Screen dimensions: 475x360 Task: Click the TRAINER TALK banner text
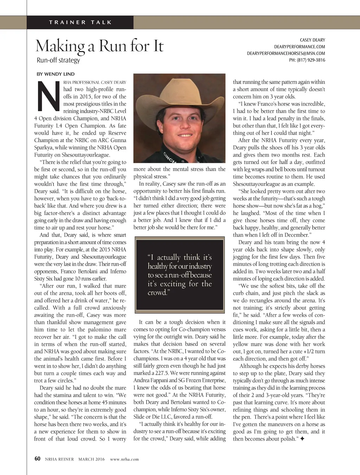coord(81,22)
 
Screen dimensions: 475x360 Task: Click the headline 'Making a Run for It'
coord(99,46)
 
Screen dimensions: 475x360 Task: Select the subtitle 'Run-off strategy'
coord(58,60)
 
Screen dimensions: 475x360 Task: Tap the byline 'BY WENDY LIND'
coord(56,74)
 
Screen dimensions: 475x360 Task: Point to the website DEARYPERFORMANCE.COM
coord(300,47)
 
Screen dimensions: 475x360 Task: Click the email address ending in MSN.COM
coord(286,53)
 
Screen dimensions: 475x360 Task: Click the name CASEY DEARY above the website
coord(312,40)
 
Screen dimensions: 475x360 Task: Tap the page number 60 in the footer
coord(37,459)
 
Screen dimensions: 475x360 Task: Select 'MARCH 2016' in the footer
coord(91,459)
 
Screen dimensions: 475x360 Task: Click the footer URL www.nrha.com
coord(124,459)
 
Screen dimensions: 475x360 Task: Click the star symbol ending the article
coord(302,439)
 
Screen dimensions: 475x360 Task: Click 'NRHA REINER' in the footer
coord(59,459)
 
